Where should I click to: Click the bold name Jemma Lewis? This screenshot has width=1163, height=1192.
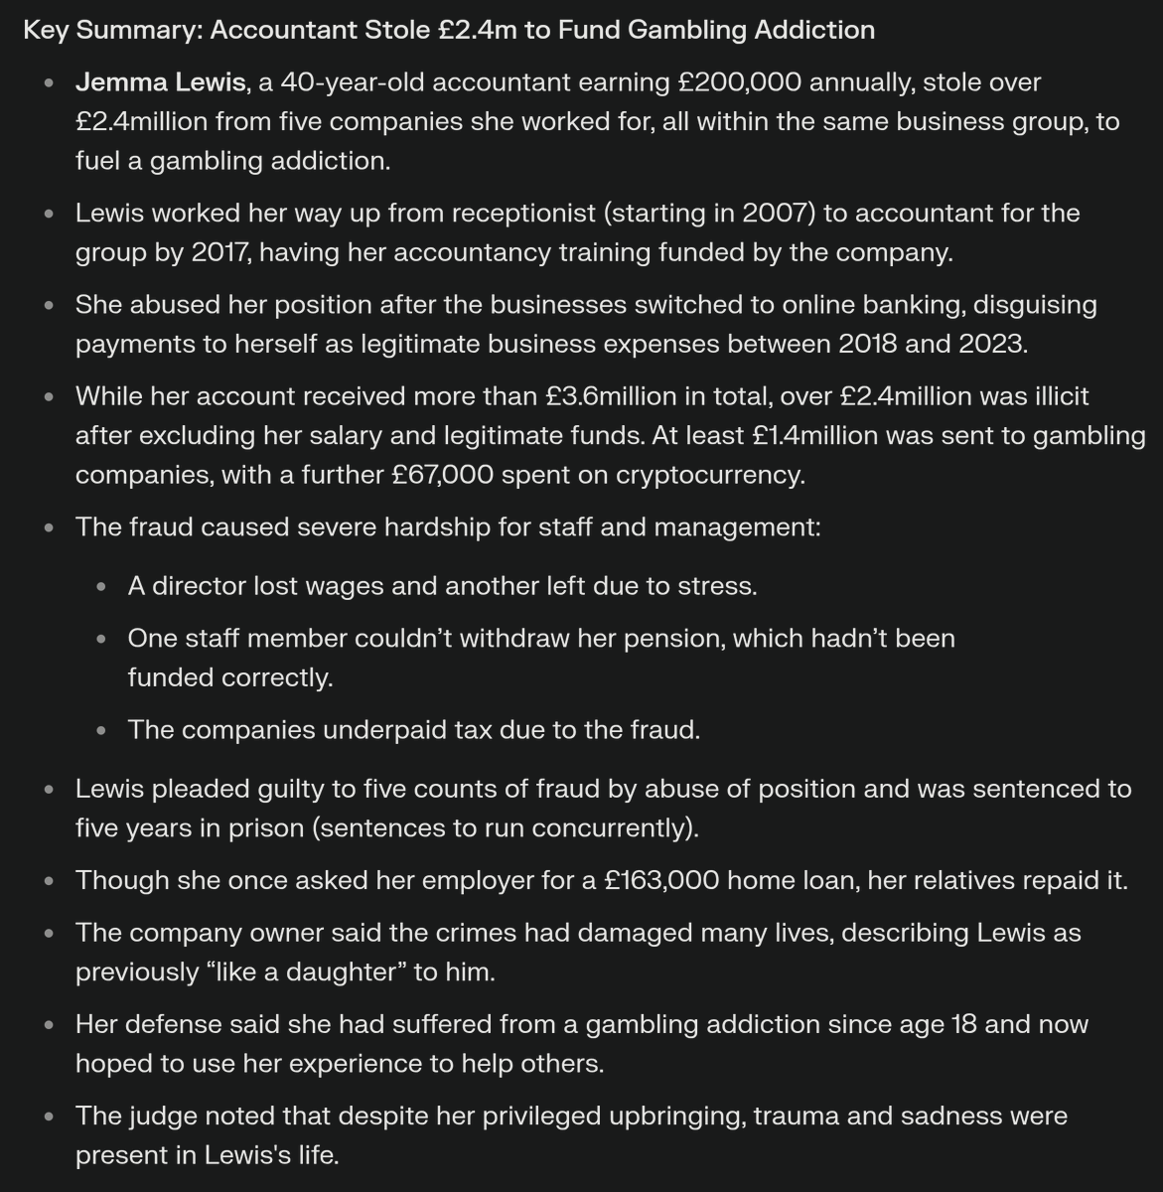pyautogui.click(x=159, y=82)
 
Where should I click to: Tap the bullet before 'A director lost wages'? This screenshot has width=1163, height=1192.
pyautogui.click(x=101, y=587)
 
